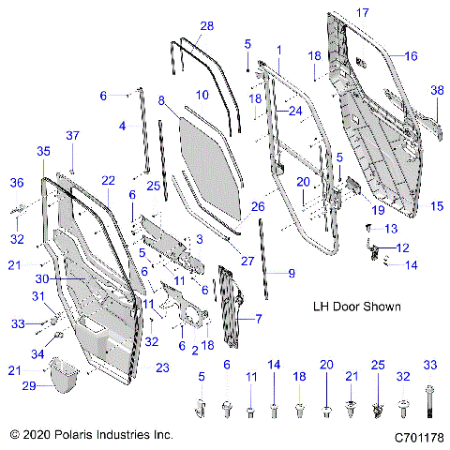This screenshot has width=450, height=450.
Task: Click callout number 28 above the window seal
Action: pyautogui.click(x=206, y=25)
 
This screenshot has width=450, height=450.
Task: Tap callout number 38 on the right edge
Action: pyautogui.click(x=436, y=90)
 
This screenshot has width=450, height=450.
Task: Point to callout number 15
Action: pyautogui.click(x=436, y=204)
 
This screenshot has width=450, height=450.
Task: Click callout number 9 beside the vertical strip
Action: pyautogui.click(x=291, y=273)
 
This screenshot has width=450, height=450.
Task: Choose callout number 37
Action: pyautogui.click(x=72, y=136)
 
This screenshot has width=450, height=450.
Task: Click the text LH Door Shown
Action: pyautogui.click(x=355, y=307)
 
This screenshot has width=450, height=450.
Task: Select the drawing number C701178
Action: pyautogui.click(x=418, y=437)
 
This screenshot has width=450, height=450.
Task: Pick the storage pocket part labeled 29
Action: pyautogui.click(x=63, y=375)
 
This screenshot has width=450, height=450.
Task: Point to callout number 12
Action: pyautogui.click(x=404, y=247)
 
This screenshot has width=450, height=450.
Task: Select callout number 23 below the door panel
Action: pyautogui.click(x=163, y=367)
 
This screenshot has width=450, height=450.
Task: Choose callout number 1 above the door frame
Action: pyautogui.click(x=277, y=48)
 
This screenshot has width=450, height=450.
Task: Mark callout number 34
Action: pyautogui.click(x=37, y=353)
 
